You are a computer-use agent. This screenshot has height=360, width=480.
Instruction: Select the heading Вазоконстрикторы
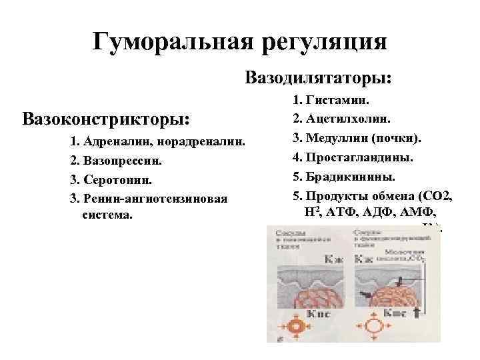point(106,119)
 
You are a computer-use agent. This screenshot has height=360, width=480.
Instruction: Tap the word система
point(107,215)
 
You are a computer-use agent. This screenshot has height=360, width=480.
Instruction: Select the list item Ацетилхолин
point(349,121)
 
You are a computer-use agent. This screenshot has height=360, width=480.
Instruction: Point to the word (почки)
point(396,139)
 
